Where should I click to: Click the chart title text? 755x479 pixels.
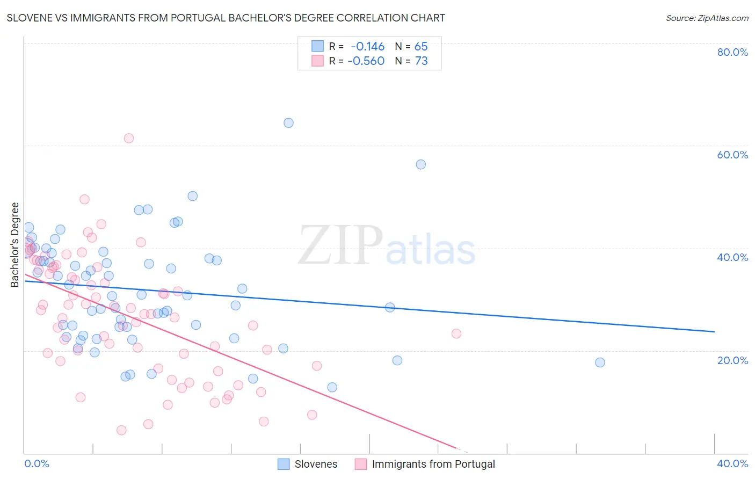[226, 18]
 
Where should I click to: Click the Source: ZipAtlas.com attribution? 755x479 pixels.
[707, 18]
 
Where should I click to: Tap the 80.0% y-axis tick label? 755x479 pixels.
[732, 52]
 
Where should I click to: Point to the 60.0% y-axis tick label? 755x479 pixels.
[732, 155]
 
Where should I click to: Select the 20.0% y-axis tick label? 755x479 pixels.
[732, 360]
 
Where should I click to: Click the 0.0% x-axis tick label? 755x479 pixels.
[37, 463]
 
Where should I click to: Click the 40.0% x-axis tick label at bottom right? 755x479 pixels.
[732, 463]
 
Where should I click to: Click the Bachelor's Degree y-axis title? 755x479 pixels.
[15, 245]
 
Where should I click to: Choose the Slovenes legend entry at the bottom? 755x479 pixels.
[308, 464]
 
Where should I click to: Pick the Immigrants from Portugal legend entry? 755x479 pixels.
[425, 464]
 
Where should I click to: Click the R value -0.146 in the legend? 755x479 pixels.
[367, 47]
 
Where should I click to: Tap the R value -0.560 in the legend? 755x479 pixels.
[366, 61]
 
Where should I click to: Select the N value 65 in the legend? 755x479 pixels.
[421, 47]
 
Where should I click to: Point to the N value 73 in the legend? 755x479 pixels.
[421, 61]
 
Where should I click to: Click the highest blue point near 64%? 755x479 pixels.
[288, 123]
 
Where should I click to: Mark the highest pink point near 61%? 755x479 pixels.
[129, 138]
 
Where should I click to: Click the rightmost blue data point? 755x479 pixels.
[600, 362]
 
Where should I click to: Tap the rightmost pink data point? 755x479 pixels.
[456, 333]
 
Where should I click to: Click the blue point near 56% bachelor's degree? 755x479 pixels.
[421, 164]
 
